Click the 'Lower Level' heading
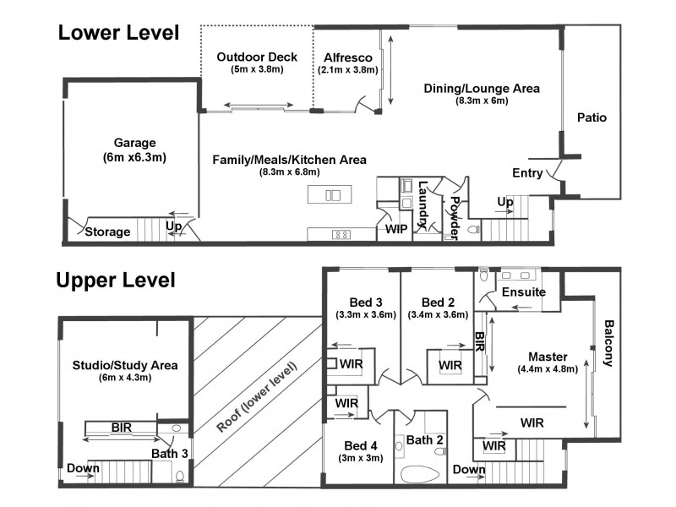tap(118, 33)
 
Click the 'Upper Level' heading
tap(116, 280)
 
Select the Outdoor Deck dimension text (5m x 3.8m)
tap(256, 69)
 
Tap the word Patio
tap(591, 117)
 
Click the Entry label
tap(527, 173)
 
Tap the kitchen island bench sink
tap(332, 195)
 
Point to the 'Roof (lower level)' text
tap(259, 396)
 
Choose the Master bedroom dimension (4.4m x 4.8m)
tap(547, 368)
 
